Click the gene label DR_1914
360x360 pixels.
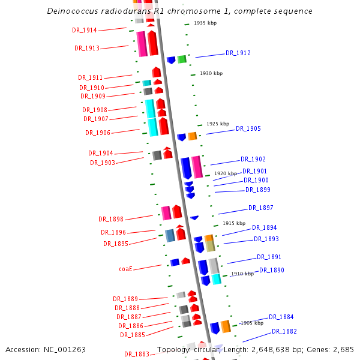point(85,30)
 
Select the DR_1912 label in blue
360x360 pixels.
point(238,53)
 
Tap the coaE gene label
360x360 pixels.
point(125,269)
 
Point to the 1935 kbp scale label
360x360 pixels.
point(205,23)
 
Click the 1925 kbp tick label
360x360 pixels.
point(218,124)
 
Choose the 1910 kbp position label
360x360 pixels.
point(242,274)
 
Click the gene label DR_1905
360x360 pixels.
point(248,128)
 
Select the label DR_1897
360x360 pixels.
point(261,208)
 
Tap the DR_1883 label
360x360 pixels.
point(137,354)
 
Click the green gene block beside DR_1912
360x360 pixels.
point(182,59)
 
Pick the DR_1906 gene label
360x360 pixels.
point(98,133)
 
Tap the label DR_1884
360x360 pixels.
point(281,317)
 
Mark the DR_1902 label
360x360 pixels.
point(253,159)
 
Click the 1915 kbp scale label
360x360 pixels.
point(234,223)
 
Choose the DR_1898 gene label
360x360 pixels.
point(111,219)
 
